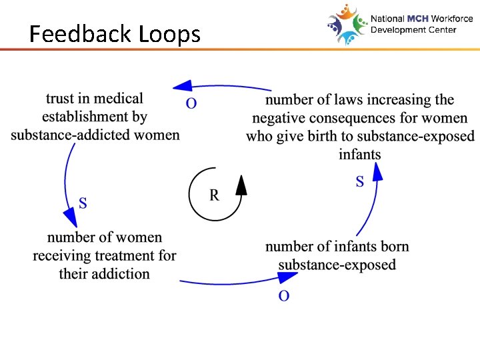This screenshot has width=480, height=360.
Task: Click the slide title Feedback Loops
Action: pos(115,33)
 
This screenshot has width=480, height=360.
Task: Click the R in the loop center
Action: pos(214,195)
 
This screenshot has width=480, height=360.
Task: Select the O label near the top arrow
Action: pos(191,104)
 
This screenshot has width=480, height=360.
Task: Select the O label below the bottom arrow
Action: pos(284,296)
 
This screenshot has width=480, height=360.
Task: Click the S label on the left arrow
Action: pos(83,203)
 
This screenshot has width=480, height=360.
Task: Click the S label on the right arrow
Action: pos(360,181)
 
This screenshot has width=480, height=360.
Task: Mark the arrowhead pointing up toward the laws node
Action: pos(377,172)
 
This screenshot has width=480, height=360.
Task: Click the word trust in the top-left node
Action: pos(60,99)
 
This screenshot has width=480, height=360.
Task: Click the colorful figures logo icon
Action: pos(347,24)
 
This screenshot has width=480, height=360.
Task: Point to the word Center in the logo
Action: pos(441,30)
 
